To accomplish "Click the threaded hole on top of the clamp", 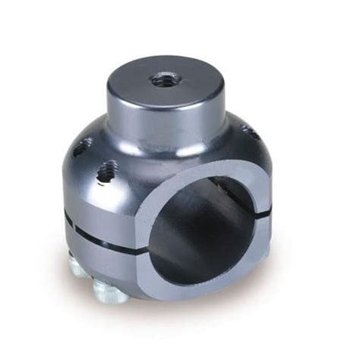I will tap(161, 79).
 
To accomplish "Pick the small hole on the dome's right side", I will tap(245, 133).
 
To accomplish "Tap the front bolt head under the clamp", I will tap(110, 291).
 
